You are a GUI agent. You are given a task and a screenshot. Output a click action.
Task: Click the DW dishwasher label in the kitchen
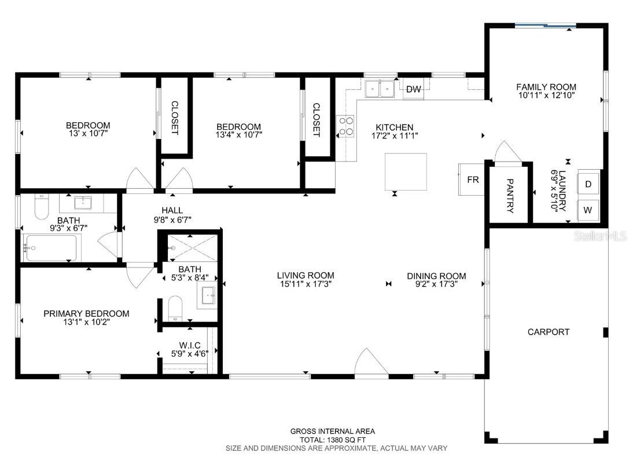pos(413,89)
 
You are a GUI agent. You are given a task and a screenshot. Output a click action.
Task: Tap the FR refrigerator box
pos(473,180)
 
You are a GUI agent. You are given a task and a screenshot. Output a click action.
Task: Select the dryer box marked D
pos(588,184)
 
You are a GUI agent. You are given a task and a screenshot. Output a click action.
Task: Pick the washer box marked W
pos(588,209)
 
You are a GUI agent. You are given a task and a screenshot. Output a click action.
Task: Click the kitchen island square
pos(406,171)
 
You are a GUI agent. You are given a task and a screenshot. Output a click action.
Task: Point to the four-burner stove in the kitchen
pos(345,126)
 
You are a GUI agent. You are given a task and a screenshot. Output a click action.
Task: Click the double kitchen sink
pos(379,89)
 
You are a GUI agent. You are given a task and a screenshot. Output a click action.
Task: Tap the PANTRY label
pos(509,196)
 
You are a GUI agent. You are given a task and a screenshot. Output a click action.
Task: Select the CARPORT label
pos(548,332)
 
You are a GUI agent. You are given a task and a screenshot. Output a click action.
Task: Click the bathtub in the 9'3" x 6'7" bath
pos(51,248)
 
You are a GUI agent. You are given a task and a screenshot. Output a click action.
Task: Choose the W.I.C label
pos(189,345)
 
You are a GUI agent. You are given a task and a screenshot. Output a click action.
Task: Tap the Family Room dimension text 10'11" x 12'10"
pos(546,96)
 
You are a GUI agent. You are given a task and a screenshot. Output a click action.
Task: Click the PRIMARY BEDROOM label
pos(86,313)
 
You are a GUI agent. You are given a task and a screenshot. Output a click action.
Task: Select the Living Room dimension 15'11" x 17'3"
pos(305,284)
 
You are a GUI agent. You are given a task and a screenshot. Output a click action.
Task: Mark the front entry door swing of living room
pos(369,364)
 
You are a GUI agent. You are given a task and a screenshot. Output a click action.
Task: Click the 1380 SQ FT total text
pos(332,440)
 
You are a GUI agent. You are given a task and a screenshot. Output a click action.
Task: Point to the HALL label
pos(172,210)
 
